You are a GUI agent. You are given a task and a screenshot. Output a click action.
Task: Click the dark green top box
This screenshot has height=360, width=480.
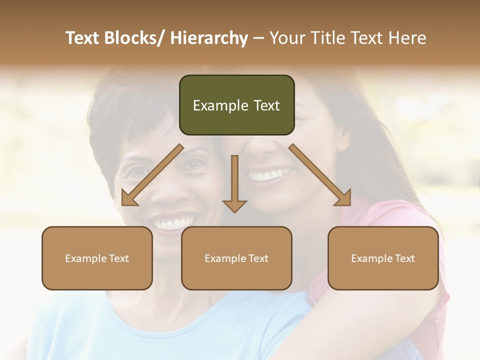[x=236, y=105]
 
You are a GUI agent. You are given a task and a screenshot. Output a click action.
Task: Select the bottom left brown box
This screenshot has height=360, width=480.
[x=97, y=258]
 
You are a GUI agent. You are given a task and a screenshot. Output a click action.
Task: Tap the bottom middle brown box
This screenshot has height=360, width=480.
[x=236, y=258]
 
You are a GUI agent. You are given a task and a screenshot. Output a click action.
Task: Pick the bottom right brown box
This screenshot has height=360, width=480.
[x=383, y=258]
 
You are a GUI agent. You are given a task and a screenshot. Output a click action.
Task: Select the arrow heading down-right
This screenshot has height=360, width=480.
[x=320, y=175]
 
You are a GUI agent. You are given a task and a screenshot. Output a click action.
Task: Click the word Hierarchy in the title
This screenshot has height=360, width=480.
[x=209, y=38]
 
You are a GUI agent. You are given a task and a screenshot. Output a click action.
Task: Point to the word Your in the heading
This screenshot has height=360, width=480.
[x=287, y=38]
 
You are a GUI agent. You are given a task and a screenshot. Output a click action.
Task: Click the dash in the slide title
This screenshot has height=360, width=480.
[x=258, y=38]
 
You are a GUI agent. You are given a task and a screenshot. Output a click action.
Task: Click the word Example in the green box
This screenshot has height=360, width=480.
[x=220, y=105]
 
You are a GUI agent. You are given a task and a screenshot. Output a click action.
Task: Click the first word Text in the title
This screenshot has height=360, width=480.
[x=82, y=38]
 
